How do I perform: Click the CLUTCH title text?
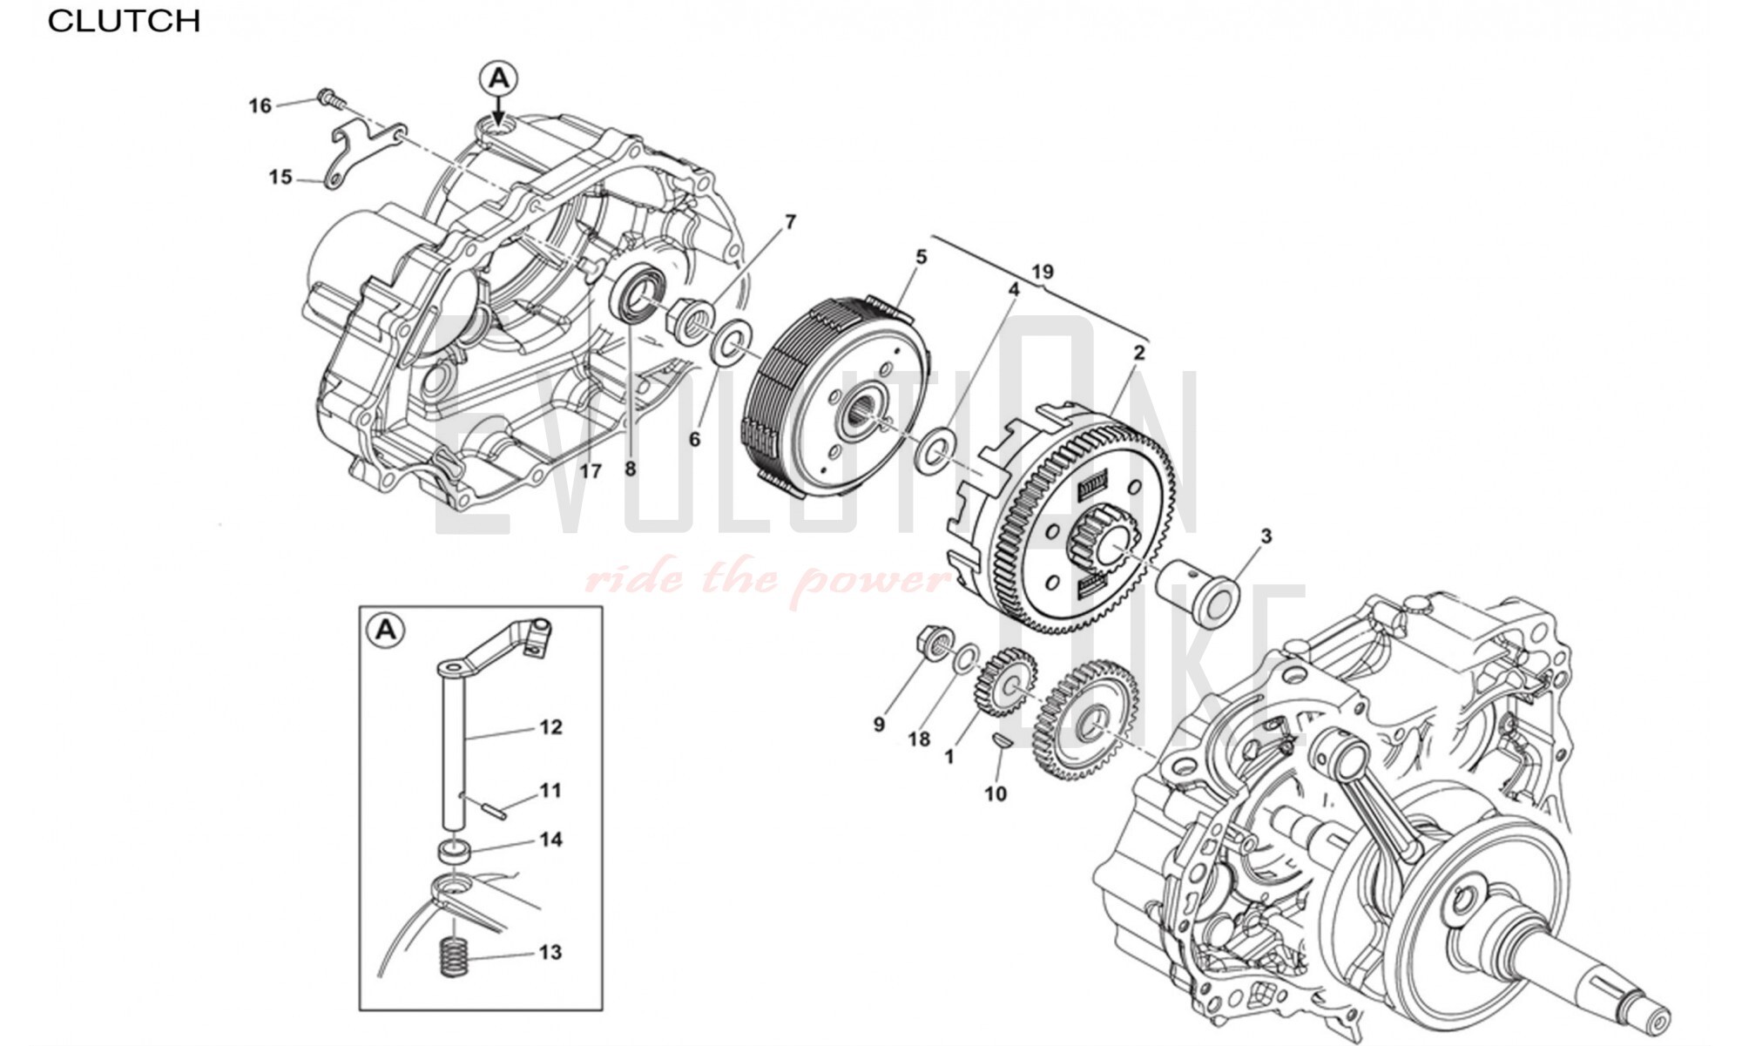pyautogui.click(x=124, y=21)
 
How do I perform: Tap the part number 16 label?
pyautogui.click(x=260, y=106)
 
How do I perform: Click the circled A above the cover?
pyautogui.click(x=498, y=79)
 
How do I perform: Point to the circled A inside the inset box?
pyautogui.click(x=386, y=629)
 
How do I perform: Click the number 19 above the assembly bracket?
pyautogui.click(x=1043, y=272)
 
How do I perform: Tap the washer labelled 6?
pyautogui.click(x=733, y=343)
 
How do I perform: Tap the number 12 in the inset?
pyautogui.click(x=550, y=726)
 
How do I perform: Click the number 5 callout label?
pyautogui.click(x=921, y=257)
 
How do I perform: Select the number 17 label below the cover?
pyautogui.click(x=591, y=471)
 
